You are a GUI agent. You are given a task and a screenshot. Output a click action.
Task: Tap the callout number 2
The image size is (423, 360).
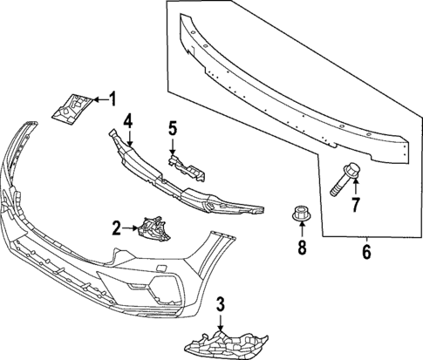[117, 229]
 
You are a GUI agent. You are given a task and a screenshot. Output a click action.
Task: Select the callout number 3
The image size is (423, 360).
[221, 303]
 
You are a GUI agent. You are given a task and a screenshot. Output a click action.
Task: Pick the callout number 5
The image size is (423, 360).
[173, 129]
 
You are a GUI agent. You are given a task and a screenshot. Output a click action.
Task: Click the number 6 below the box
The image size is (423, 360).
[366, 254]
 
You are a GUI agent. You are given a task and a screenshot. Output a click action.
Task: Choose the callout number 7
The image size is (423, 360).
[355, 206]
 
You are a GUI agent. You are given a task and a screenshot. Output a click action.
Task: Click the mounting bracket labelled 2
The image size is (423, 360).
[152, 229]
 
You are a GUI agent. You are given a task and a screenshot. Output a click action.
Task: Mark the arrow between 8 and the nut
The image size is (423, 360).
[302, 231]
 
